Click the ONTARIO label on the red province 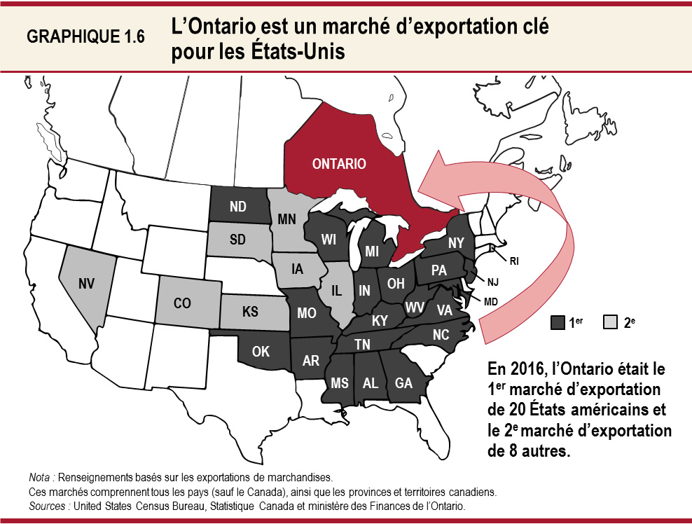(339, 164)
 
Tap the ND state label (237, 207)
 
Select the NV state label (87, 284)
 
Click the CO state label (182, 305)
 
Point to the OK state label (261, 352)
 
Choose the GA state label (403, 383)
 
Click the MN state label (287, 219)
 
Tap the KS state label (250, 312)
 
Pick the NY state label (457, 242)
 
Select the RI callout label (514, 261)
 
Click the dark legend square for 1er (558, 322)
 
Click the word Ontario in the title (227, 27)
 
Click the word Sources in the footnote (50, 505)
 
